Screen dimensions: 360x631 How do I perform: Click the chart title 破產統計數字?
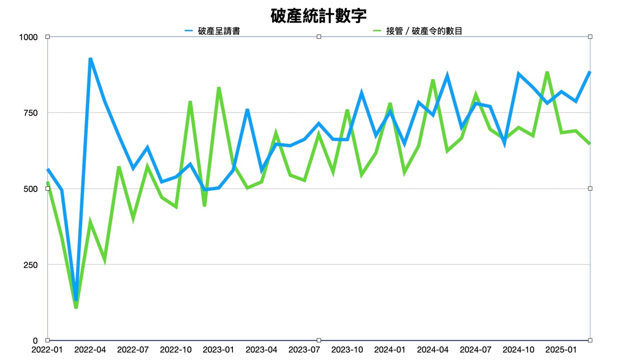click(x=318, y=15)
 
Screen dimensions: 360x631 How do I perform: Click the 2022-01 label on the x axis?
click(x=47, y=350)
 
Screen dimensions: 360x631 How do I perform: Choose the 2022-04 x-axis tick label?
click(x=90, y=350)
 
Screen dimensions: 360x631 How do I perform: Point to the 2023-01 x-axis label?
click(x=219, y=350)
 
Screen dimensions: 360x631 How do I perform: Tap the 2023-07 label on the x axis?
click(x=305, y=350)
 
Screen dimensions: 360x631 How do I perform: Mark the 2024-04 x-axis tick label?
click(x=433, y=350)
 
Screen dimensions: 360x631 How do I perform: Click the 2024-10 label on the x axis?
click(x=519, y=350)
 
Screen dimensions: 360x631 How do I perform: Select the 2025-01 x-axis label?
click(x=562, y=350)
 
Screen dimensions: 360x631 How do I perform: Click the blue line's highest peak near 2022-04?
click(x=90, y=59)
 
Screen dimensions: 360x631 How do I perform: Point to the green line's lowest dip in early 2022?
click(x=76, y=308)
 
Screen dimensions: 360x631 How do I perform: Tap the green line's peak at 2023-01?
click(x=219, y=88)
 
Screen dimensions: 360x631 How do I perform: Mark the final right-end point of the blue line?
click(x=590, y=72)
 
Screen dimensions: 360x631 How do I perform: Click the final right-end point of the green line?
click(x=590, y=143)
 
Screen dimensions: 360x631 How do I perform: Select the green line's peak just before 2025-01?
click(x=547, y=72)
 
